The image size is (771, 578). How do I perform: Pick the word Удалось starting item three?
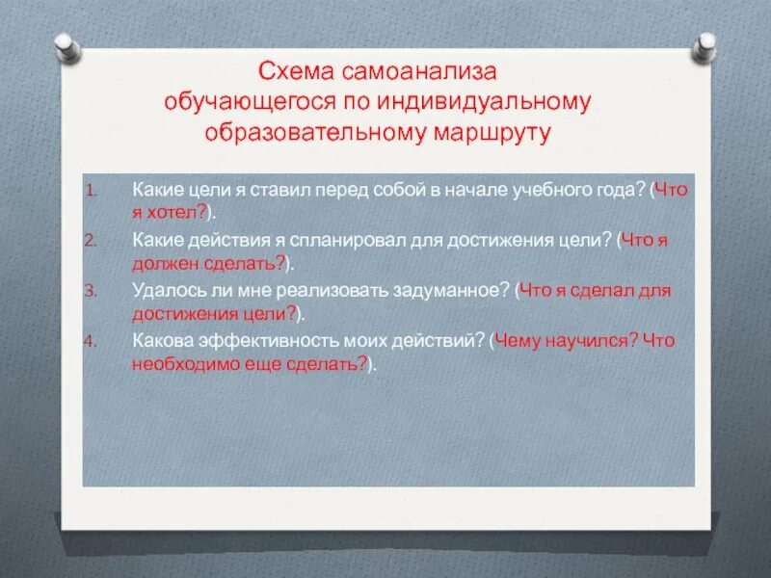point(163,290)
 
